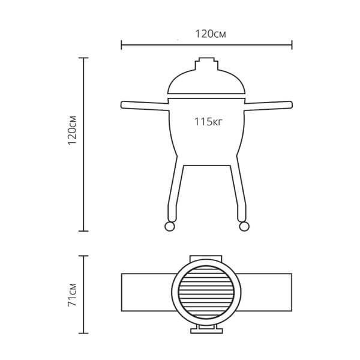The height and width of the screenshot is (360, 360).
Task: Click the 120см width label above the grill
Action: tap(211, 34)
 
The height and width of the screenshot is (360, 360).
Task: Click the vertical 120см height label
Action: tap(73, 130)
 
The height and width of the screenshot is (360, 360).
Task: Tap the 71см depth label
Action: tap(73, 295)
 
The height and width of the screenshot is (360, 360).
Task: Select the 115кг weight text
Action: tap(208, 122)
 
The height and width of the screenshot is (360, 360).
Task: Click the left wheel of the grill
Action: tap(170, 226)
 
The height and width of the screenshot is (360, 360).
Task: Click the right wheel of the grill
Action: tap(244, 226)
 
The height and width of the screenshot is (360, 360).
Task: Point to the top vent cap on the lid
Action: tap(206, 64)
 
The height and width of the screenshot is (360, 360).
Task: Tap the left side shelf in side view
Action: tap(145, 106)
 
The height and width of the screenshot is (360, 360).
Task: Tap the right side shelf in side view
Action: tap(268, 106)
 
